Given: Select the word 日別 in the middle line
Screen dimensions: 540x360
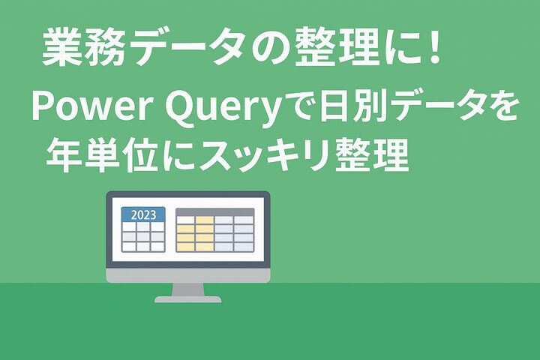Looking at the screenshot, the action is pyautogui.click(x=354, y=106).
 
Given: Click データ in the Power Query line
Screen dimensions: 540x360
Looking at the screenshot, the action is pyautogui.click(x=437, y=106).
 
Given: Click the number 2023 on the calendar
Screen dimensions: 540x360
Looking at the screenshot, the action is pyautogui.click(x=143, y=215).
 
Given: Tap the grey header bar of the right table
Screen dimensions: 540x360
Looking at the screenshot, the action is pyautogui.click(x=215, y=211).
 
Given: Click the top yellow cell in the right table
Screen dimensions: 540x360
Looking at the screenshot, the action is pyautogui.click(x=205, y=220).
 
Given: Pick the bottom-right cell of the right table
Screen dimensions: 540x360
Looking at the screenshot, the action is pyautogui.click(x=244, y=247).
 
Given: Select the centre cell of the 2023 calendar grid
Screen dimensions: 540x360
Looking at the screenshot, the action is pyautogui.click(x=143, y=236).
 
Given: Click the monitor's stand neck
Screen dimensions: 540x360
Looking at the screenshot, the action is pyautogui.click(x=188, y=289).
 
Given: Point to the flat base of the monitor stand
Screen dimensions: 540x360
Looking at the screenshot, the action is pyautogui.click(x=187, y=299).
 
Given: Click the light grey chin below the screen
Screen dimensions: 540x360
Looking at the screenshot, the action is pyautogui.click(x=188, y=275).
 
